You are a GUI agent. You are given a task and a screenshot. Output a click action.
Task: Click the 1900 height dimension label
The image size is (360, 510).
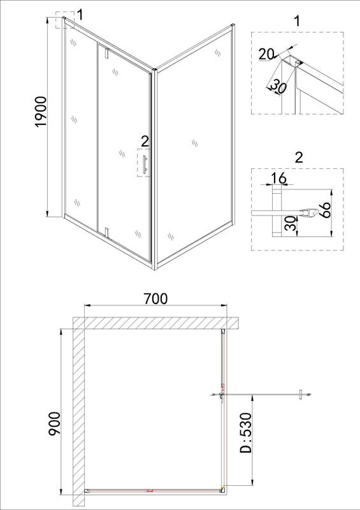(41, 112)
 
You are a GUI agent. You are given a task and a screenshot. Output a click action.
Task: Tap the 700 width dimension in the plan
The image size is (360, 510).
(155, 298)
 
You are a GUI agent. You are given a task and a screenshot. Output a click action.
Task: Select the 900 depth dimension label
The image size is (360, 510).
(54, 423)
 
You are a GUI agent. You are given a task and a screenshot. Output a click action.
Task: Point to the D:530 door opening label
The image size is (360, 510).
(246, 433)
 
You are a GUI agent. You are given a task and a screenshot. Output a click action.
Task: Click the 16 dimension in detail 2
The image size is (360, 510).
(278, 178)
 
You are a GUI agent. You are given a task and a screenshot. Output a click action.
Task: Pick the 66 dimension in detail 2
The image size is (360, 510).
(324, 210)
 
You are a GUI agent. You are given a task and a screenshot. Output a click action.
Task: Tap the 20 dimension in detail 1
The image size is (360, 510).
(266, 54)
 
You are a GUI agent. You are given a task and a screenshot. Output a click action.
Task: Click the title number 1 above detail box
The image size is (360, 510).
(296, 21)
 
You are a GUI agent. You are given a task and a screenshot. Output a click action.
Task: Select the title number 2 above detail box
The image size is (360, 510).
(298, 157)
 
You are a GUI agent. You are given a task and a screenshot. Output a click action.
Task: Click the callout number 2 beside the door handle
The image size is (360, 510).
(145, 142)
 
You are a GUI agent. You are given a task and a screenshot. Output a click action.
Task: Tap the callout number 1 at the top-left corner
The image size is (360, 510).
(80, 15)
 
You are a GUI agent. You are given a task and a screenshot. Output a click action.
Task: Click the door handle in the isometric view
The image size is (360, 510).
(145, 164)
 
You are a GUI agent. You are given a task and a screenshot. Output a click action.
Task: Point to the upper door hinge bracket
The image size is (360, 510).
(106, 54)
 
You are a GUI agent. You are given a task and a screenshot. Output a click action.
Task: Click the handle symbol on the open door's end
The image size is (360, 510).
(301, 395)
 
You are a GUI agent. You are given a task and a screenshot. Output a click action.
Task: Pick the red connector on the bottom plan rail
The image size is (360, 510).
(149, 490)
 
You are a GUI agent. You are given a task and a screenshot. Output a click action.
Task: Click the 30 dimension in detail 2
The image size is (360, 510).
(292, 224)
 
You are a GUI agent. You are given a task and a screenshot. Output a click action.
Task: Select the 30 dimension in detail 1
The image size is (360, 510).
(277, 87)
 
